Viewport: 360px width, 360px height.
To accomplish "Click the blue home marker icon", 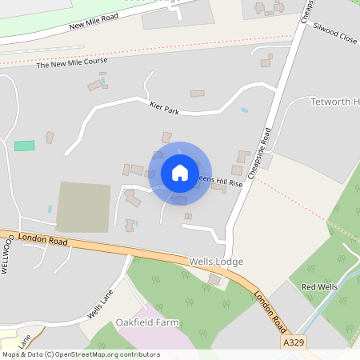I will (180, 173).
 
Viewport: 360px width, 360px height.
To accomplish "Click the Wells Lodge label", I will (216, 262).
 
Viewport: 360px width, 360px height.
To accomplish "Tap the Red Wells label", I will (319, 286).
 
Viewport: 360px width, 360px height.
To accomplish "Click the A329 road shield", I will (294, 342).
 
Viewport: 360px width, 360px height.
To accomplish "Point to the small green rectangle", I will (25, 146).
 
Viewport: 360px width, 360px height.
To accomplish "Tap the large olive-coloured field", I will (83, 206).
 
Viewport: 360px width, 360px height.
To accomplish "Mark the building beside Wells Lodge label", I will (214, 279).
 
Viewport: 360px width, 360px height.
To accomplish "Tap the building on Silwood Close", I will (266, 62).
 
